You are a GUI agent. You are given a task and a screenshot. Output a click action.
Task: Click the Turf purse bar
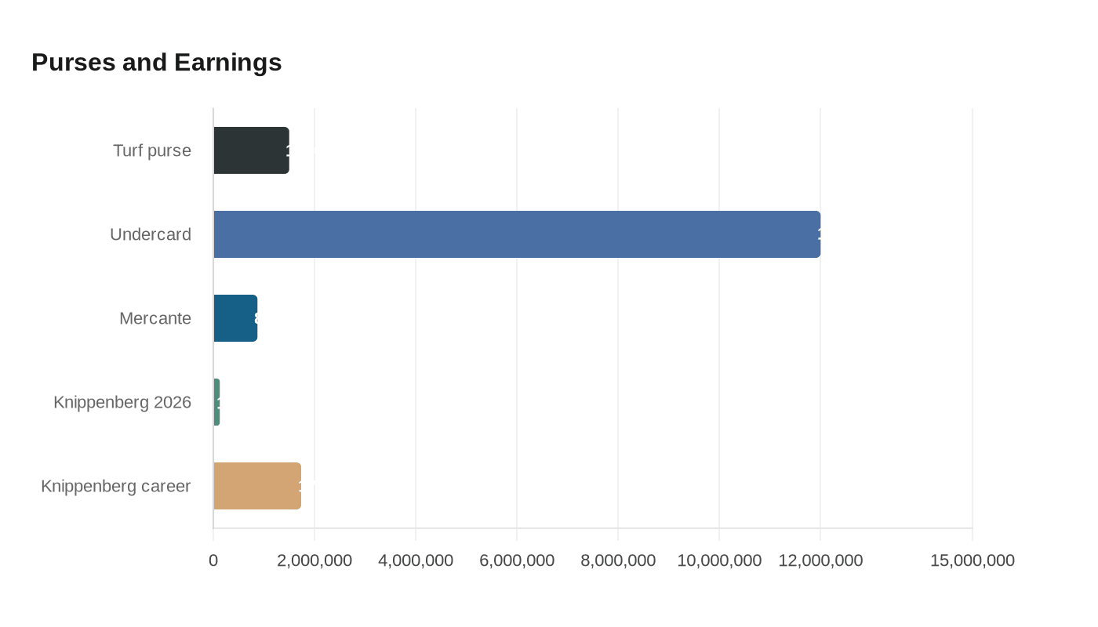pos(251,150)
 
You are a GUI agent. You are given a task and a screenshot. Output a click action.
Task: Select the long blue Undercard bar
pos(517,234)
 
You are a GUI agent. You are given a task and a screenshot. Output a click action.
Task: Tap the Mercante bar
pos(235,318)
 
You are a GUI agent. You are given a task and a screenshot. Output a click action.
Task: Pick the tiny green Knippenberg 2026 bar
pos(216,402)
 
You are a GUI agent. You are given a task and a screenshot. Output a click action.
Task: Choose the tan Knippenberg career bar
pos(257,486)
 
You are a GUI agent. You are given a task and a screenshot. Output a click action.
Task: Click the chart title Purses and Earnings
pos(156,62)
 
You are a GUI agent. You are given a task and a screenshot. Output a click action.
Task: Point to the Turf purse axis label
pos(152,150)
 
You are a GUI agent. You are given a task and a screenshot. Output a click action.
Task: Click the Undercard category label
pos(151,234)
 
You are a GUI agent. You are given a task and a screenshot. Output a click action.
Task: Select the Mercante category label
pos(155,318)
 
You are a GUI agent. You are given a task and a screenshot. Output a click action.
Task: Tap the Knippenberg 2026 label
pos(122,402)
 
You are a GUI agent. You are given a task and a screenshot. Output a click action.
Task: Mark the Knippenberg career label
pos(116,486)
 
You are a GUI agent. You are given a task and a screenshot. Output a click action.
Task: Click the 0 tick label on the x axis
pos(213,560)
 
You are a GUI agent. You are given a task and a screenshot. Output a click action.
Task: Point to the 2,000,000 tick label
pos(314,560)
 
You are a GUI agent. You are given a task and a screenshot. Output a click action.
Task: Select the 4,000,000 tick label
pos(416,560)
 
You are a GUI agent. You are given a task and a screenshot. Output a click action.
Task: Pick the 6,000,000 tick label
pos(517,560)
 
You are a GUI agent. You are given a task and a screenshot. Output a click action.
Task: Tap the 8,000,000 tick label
pos(618,560)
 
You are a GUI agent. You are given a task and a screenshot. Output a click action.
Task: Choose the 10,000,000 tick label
pos(719,560)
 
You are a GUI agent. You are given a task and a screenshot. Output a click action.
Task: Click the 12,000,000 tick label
pos(820,560)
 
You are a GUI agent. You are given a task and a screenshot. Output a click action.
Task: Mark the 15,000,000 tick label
pos(973,560)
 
